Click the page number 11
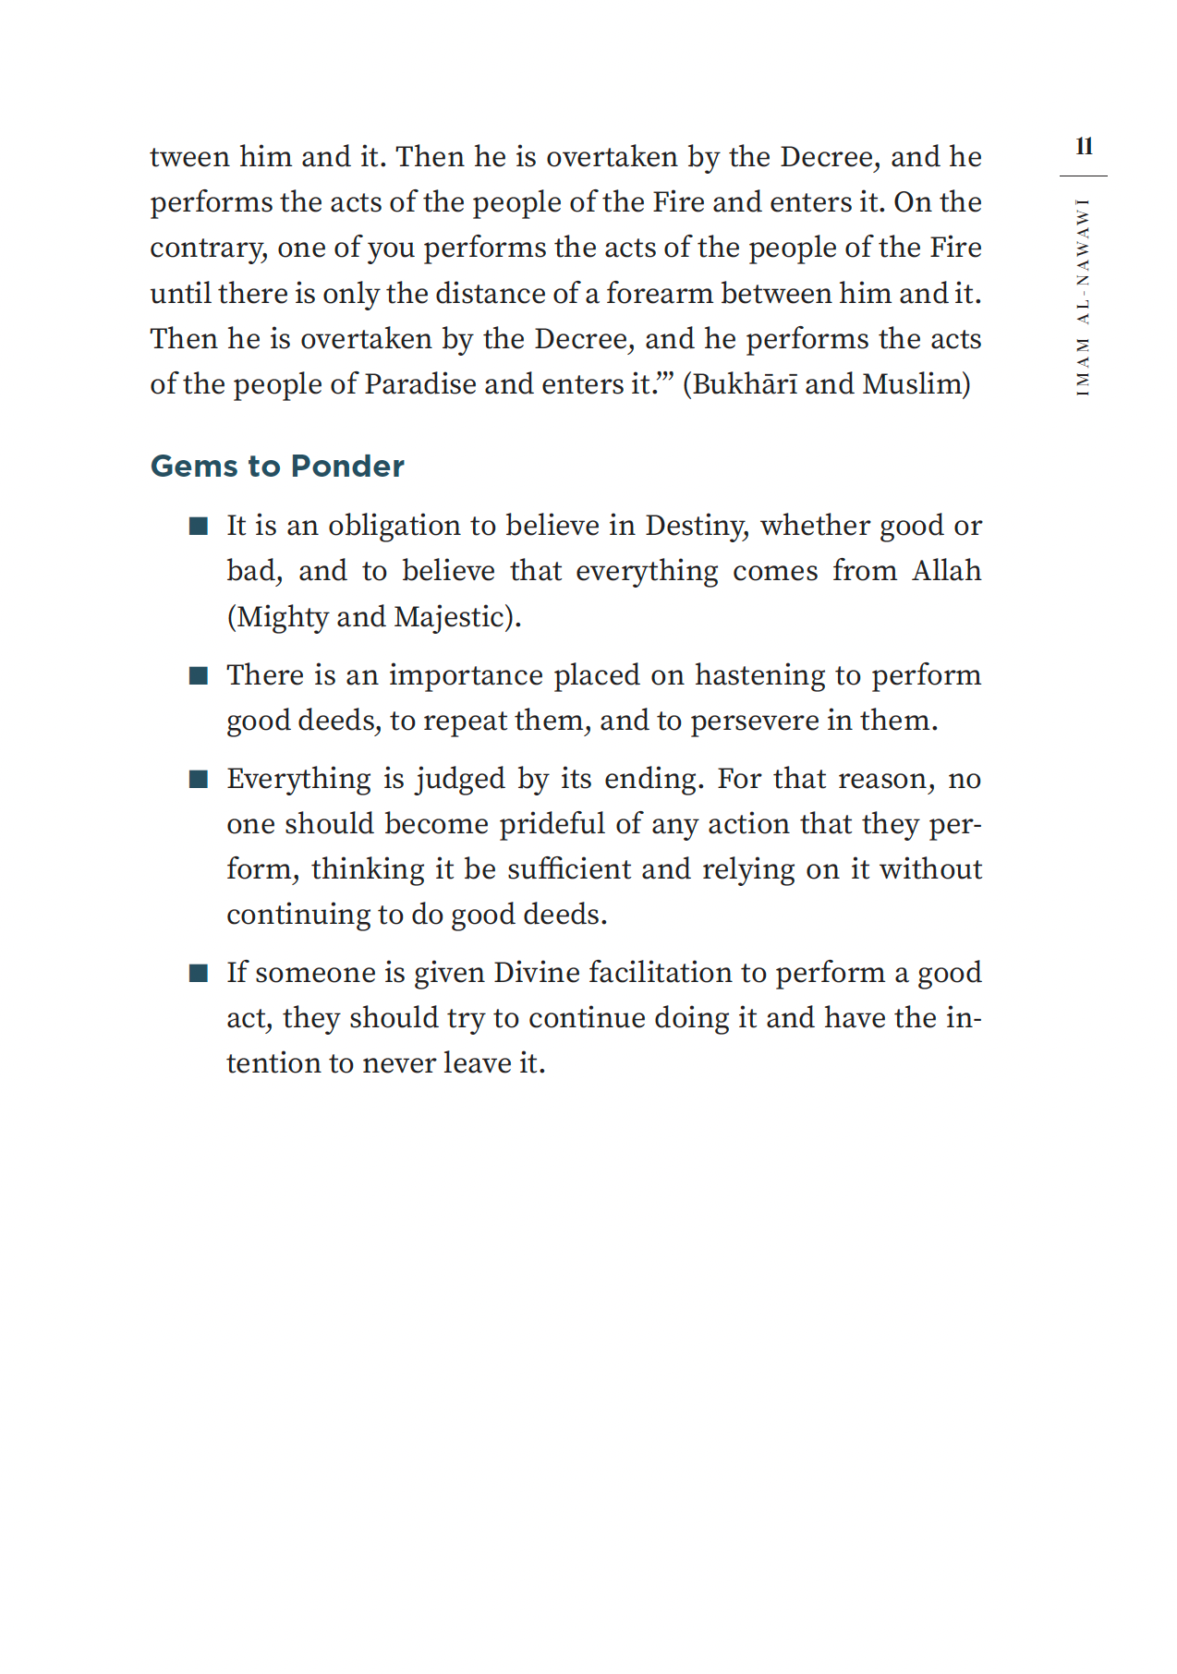[1084, 147]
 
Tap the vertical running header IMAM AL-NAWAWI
[1083, 297]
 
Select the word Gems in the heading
[194, 467]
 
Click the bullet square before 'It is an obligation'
[198, 527]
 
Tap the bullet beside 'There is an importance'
[198, 676]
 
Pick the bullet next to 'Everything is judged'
[198, 780]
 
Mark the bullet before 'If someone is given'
[198, 974]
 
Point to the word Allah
[946, 571]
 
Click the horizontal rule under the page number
[1083, 176]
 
